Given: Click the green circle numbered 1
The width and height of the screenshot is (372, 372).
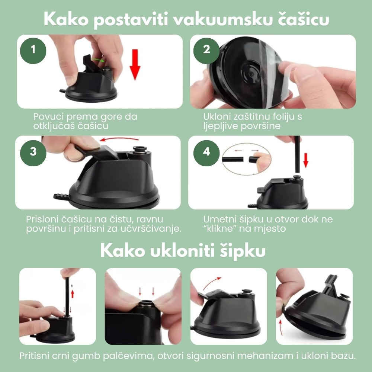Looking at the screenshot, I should (x=33, y=50).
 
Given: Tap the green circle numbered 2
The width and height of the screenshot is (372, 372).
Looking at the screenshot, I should (x=206, y=50).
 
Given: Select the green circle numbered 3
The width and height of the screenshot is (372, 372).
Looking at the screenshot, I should (x=33, y=152).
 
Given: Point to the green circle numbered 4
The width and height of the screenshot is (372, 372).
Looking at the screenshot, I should (x=206, y=152).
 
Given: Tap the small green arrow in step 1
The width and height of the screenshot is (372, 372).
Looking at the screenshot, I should (x=97, y=60).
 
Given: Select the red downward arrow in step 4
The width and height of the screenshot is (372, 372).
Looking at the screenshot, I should (x=306, y=159).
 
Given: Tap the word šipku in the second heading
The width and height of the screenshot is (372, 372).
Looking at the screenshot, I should (x=244, y=251).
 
